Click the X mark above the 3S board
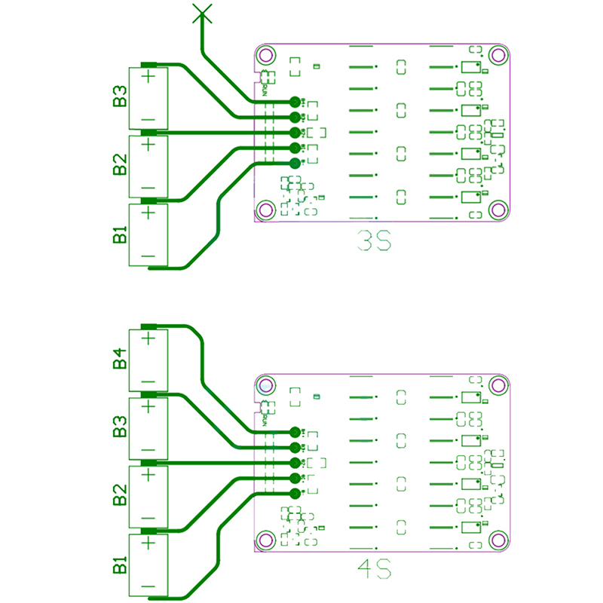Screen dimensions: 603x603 200,13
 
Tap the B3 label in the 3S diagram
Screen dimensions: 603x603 120,98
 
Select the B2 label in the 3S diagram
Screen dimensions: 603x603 120,166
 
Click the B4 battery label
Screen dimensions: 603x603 120,359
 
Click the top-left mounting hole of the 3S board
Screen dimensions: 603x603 265,54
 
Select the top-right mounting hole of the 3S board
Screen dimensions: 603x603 497,54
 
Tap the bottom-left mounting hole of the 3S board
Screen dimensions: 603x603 265,210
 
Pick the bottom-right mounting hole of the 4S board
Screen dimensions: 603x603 497,540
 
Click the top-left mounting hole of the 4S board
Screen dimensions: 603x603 265,386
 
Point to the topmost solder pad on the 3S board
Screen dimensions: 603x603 295,101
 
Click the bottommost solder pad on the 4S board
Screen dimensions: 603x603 295,494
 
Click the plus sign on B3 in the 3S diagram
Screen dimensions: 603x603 148,76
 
